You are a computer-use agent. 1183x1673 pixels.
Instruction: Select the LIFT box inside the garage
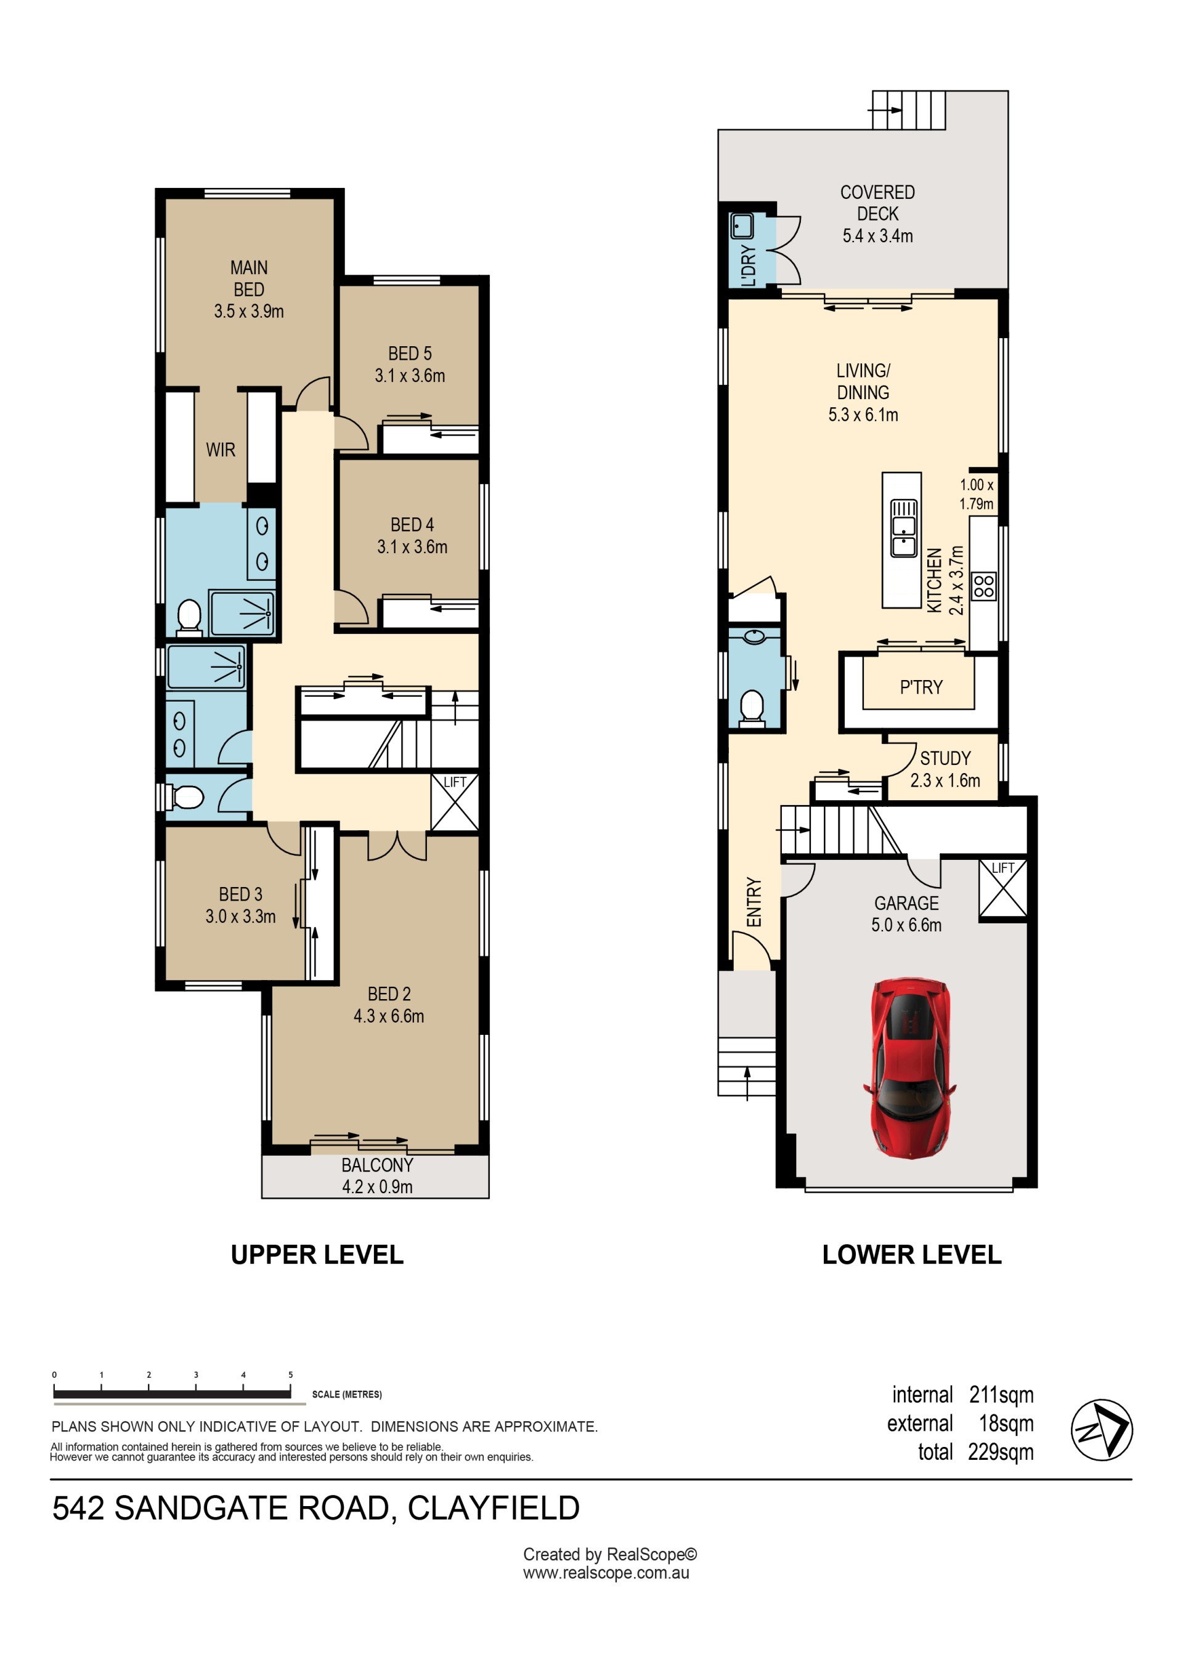pyautogui.click(x=1002, y=888)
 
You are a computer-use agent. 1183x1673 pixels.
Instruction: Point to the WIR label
pyautogui.click(x=220, y=450)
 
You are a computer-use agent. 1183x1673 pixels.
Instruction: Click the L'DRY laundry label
pyautogui.click(x=749, y=265)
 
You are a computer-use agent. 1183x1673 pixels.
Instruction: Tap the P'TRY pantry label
pyautogui.click(x=921, y=687)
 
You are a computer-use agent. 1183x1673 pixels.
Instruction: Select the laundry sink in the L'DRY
pyautogui.click(x=742, y=226)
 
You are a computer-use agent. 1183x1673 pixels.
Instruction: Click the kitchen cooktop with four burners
pyautogui.click(x=984, y=586)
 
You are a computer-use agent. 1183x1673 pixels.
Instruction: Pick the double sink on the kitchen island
pyautogui.click(x=904, y=529)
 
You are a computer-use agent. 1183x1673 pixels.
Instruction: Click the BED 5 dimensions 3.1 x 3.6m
pyautogui.click(x=410, y=375)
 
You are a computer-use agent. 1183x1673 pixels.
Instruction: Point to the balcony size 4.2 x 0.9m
pyautogui.click(x=378, y=1186)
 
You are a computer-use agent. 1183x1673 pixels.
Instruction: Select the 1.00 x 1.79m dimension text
pyautogui.click(x=976, y=494)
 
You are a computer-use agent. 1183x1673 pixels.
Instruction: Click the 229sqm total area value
pyautogui.click(x=1000, y=1451)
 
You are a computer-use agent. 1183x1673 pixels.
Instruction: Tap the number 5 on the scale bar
pyautogui.click(x=290, y=1374)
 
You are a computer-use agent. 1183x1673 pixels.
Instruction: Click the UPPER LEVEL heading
pyautogui.click(x=317, y=1254)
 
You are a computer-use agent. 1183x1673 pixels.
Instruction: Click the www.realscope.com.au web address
pyautogui.click(x=606, y=1572)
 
